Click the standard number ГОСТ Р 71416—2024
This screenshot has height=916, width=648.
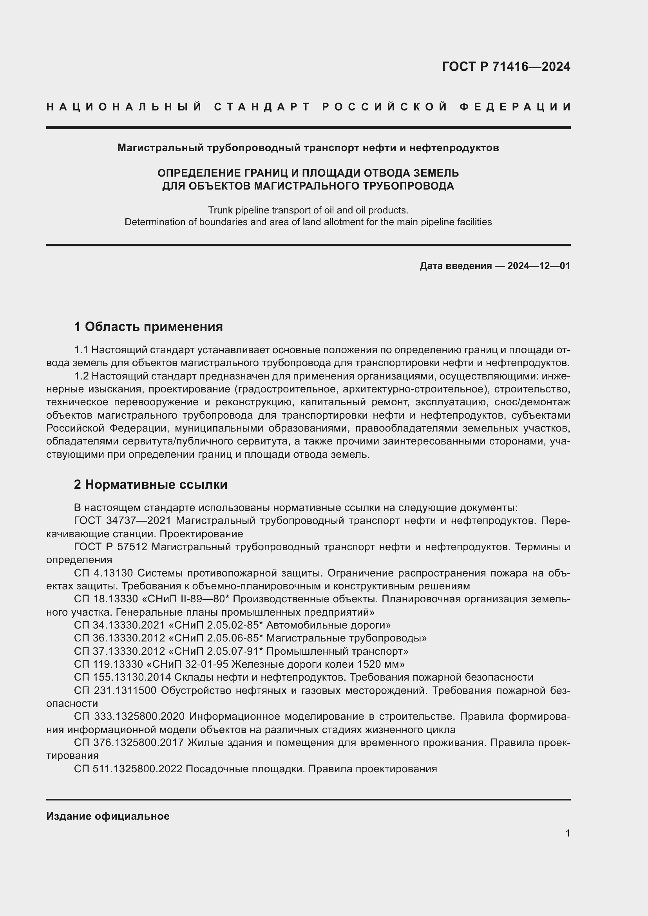pyautogui.click(x=506, y=67)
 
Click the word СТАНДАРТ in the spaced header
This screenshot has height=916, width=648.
pyautogui.click(x=262, y=107)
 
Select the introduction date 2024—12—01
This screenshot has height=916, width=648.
pyautogui.click(x=539, y=266)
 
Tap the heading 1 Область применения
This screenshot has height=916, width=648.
pyautogui.click(x=148, y=327)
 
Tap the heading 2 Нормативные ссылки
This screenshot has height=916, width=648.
pyautogui.click(x=151, y=484)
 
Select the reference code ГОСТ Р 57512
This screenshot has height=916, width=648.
pyautogui.click(x=111, y=547)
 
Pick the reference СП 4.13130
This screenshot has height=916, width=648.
pyautogui.click(x=103, y=573)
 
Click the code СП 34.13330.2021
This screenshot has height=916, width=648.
pyautogui.click(x=119, y=625)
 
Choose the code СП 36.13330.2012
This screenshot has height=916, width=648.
pyautogui.click(x=119, y=638)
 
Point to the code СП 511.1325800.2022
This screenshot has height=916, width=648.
pyautogui.click(x=128, y=769)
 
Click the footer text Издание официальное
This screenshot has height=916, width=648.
pyautogui.click(x=108, y=816)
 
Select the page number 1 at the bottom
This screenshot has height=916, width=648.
pyautogui.click(x=567, y=833)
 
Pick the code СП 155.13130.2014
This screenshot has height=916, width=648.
pyautogui.click(x=123, y=678)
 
